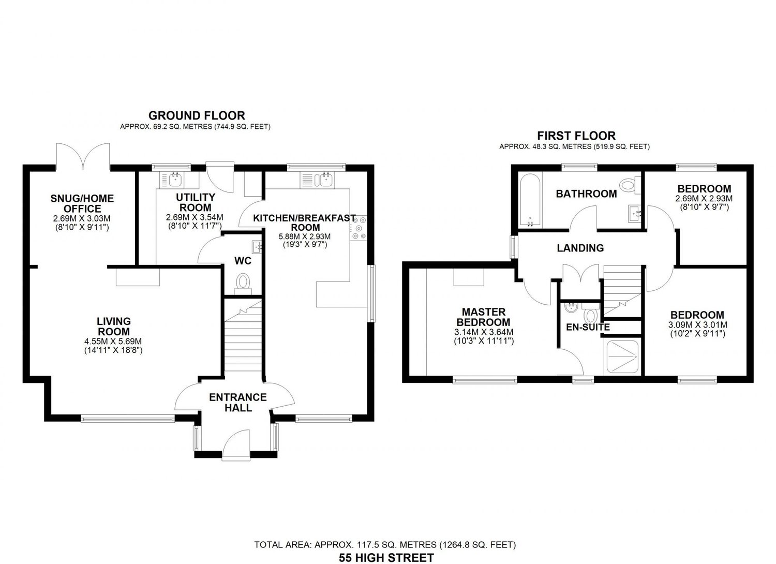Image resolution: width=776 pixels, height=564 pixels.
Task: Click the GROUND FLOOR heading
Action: (197, 115)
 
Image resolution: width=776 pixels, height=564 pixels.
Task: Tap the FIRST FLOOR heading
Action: (576, 136)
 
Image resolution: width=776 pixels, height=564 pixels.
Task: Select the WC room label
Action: (243, 261)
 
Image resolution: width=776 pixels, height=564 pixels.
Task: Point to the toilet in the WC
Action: (243, 284)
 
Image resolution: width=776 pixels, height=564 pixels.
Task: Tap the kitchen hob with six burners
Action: (359, 228)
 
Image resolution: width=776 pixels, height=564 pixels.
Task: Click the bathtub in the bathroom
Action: (530, 201)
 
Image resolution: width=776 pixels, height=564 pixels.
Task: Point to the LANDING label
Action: (580, 248)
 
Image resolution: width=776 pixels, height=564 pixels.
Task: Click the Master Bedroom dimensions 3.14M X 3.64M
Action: (484, 332)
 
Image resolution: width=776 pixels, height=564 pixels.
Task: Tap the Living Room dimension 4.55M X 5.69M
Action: (114, 341)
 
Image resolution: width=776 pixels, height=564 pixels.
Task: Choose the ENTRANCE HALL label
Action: (238, 402)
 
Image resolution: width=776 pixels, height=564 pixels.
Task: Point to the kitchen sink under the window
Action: (324, 180)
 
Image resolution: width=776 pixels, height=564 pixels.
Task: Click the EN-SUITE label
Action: (588, 327)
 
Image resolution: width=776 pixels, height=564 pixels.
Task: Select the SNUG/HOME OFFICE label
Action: (82, 203)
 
